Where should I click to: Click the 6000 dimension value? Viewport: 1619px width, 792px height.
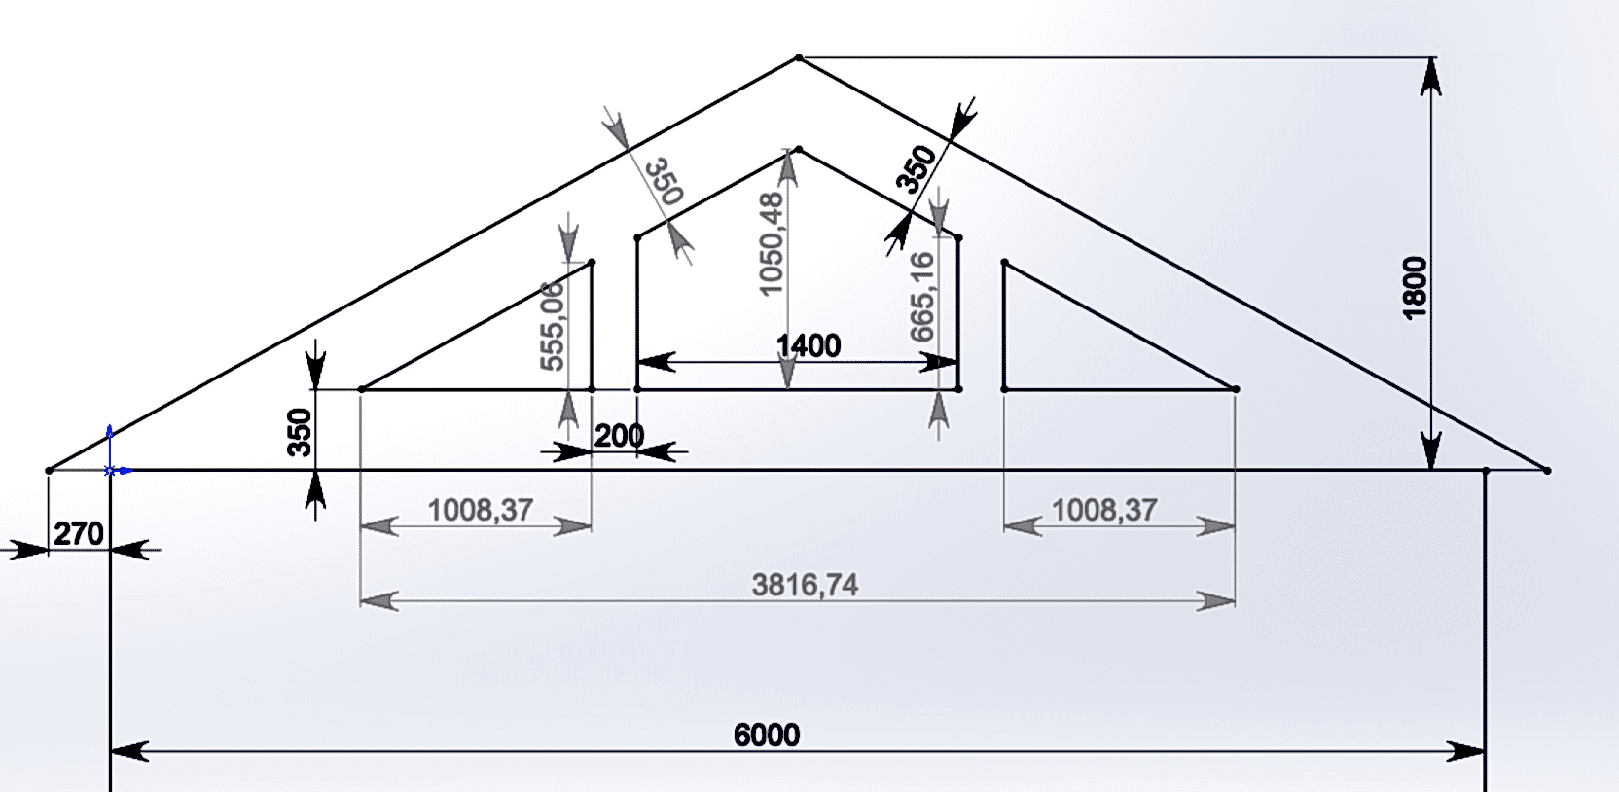[767, 735]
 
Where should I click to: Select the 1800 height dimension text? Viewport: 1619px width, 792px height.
[1415, 286]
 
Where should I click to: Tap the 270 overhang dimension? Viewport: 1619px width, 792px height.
[78, 534]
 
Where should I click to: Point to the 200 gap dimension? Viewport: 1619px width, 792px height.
[619, 436]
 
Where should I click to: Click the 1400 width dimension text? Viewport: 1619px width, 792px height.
[809, 346]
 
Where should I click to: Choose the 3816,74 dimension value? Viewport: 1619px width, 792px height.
[805, 585]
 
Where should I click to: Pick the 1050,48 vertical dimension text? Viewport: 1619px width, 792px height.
[771, 244]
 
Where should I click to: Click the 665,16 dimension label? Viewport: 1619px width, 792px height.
[921, 297]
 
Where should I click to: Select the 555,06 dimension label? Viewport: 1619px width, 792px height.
[552, 326]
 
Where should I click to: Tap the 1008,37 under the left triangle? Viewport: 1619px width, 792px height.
[481, 509]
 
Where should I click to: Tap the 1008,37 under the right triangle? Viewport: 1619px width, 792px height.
[1104, 509]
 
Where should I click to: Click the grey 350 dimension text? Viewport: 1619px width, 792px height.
[665, 181]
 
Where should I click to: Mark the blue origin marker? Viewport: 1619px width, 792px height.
[110, 470]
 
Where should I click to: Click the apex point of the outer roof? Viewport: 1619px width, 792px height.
[799, 58]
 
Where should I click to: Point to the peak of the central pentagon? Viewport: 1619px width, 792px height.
[799, 149]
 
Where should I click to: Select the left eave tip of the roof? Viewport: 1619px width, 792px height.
[49, 471]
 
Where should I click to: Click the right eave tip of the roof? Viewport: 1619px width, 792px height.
[1547, 471]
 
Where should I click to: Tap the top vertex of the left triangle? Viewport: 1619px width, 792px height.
[592, 262]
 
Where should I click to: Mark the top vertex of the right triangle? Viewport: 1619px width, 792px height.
[1004, 262]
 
